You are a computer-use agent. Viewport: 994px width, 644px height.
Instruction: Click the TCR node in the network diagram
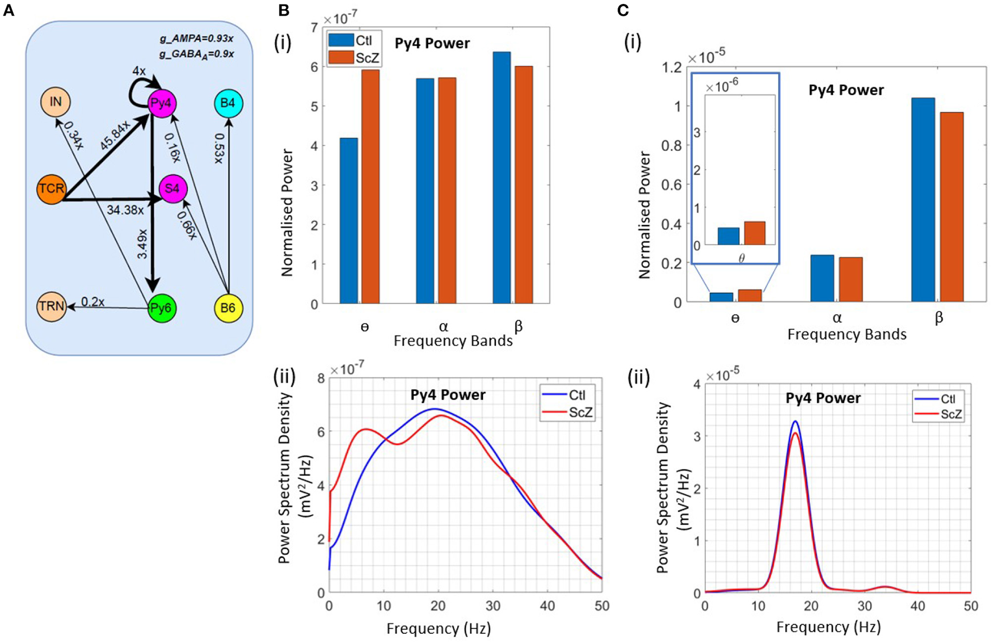(x=52, y=189)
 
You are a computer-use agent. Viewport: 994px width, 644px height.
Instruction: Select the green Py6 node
(x=162, y=308)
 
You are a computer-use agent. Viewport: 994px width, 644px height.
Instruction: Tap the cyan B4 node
(x=228, y=103)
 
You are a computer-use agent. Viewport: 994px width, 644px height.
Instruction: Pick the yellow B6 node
(x=228, y=308)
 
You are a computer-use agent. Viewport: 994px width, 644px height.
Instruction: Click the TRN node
(x=52, y=306)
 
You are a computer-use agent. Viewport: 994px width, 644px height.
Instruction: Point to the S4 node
(x=172, y=189)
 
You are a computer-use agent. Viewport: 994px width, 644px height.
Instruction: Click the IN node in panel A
(x=56, y=102)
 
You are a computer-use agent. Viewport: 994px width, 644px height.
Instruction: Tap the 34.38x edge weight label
(x=125, y=210)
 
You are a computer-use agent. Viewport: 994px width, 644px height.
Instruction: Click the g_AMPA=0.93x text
(x=196, y=39)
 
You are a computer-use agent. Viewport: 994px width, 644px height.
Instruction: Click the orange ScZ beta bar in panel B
(x=524, y=185)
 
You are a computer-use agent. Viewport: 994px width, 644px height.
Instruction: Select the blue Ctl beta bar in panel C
(x=923, y=200)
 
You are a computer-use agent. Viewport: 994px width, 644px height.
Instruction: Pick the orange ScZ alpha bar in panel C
(x=851, y=279)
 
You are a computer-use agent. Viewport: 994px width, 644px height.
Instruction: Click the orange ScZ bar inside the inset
(x=754, y=233)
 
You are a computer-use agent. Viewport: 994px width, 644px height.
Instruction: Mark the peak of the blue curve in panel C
(x=795, y=421)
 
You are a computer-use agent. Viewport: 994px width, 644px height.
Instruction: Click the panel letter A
(x=8, y=10)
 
